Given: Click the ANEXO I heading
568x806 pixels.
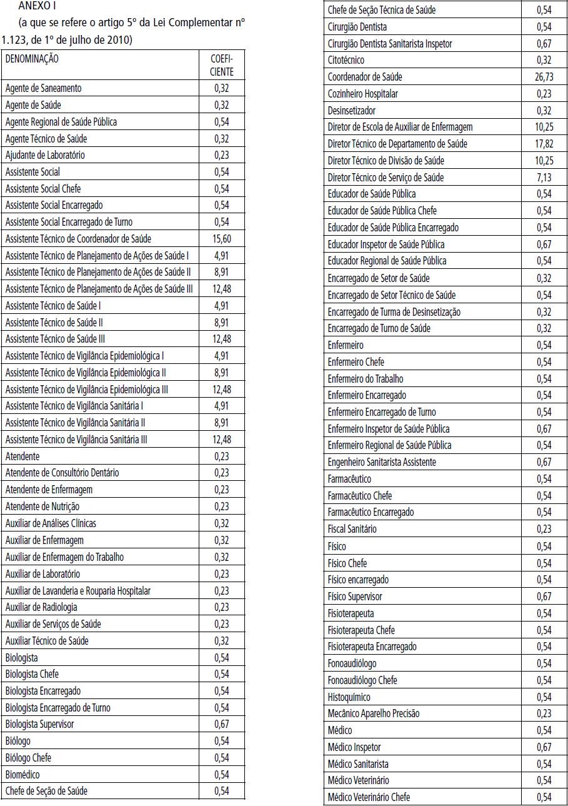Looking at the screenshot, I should (37, 7).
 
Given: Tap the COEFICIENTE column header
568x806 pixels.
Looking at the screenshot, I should (222, 64).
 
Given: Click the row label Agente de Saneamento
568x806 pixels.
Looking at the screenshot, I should (43, 88).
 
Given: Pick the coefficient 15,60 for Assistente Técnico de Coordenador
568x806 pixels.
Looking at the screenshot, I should (222, 238).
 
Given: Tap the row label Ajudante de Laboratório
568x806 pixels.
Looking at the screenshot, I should (45, 155).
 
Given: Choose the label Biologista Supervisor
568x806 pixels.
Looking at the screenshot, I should (39, 724).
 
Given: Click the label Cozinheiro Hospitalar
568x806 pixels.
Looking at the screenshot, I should (362, 94).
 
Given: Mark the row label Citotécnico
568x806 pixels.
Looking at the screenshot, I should (346, 60).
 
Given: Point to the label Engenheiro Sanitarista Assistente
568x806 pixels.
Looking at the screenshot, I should (382, 462).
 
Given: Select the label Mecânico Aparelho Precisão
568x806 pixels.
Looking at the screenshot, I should (374, 713).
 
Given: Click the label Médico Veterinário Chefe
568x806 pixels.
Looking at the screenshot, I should (369, 797).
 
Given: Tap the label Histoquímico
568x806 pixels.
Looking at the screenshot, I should (349, 697).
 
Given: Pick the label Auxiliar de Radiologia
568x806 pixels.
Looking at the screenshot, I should (41, 607).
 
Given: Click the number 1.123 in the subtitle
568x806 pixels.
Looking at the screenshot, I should (12, 40).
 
